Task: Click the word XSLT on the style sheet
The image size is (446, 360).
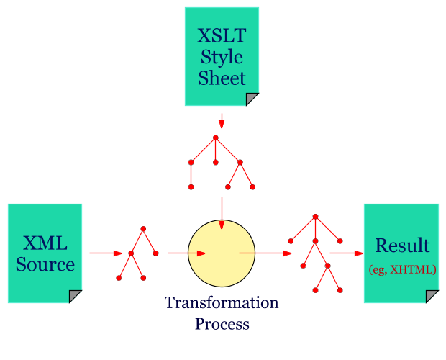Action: (222, 35)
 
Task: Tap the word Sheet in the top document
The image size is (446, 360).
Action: (222, 78)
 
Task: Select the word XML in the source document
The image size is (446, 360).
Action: (45, 243)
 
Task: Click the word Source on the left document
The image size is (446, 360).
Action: (45, 264)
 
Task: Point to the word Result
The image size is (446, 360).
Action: (402, 246)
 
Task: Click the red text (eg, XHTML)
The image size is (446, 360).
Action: (402, 269)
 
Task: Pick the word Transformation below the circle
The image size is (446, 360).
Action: (222, 302)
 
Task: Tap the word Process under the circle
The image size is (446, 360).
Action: (222, 323)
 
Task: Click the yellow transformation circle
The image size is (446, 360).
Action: (222, 253)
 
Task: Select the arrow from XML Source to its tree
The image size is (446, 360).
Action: (106, 253)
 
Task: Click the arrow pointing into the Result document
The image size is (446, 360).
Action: (346, 253)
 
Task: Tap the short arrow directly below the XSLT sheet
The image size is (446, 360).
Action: (222, 120)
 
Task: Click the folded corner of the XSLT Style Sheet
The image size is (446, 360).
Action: (252, 99)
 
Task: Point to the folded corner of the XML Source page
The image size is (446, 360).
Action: (75, 296)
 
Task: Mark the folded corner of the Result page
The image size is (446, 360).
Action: (432, 296)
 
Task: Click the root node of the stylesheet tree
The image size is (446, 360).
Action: (215, 138)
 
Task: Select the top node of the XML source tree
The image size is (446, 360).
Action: (143, 229)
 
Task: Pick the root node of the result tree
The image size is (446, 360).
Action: (315, 216)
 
